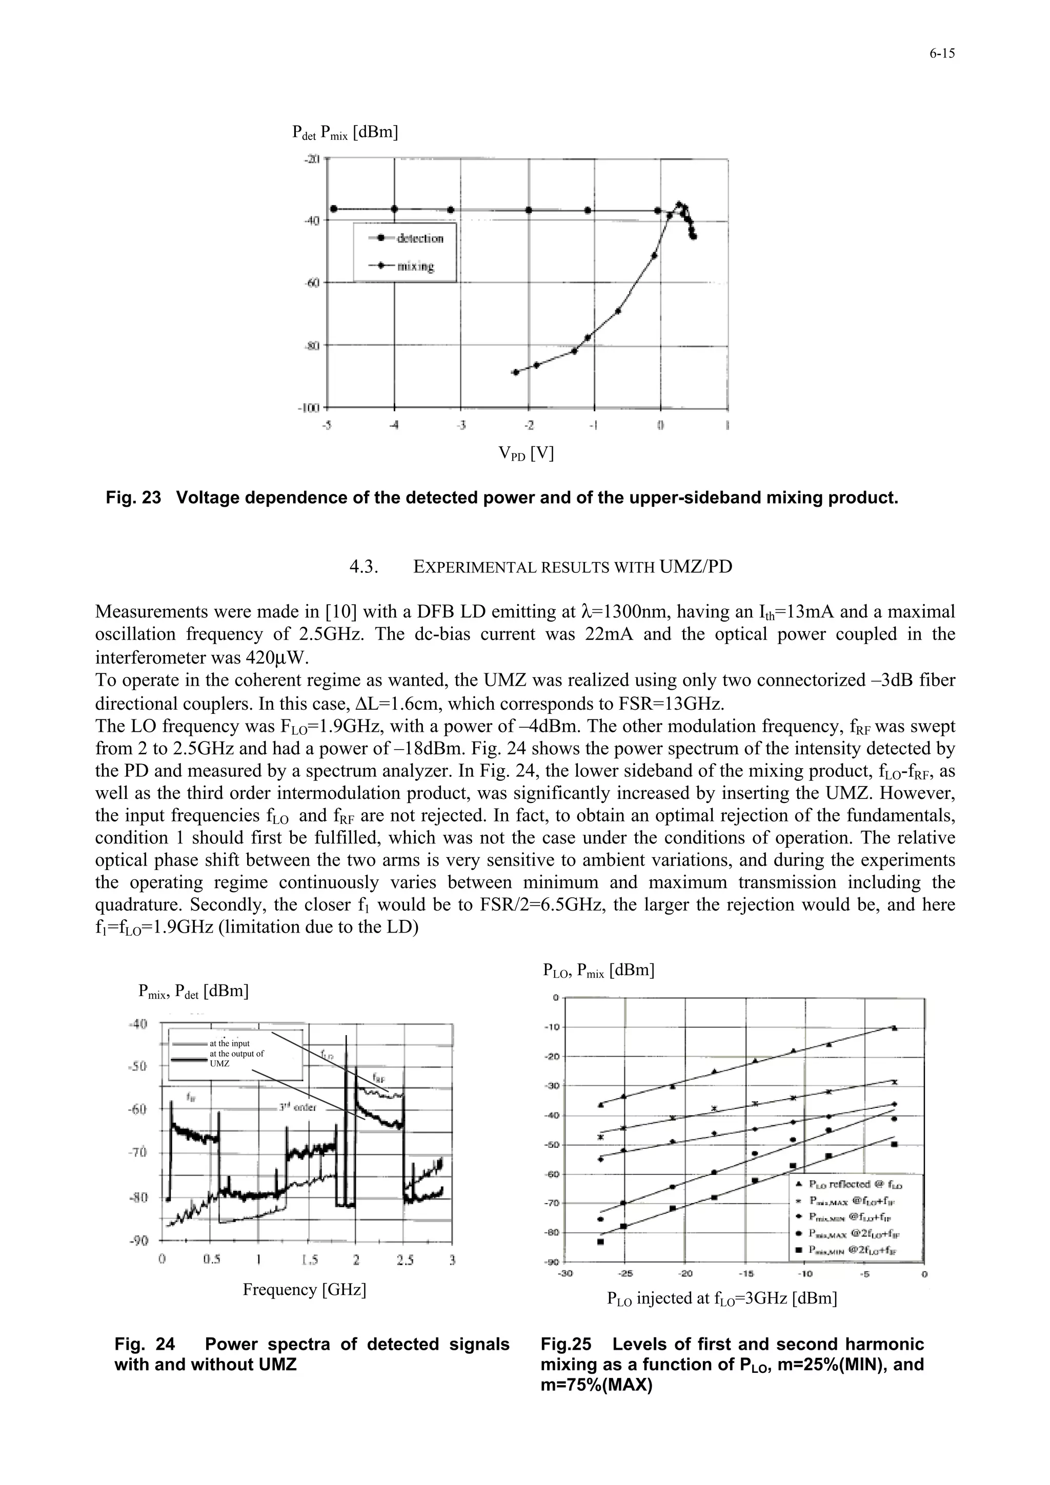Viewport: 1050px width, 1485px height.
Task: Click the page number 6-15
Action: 942,54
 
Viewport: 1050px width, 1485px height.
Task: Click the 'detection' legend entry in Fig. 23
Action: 420,239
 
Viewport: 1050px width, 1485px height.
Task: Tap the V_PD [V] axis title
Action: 526,453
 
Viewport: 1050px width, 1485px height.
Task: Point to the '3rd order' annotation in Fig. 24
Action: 297,1107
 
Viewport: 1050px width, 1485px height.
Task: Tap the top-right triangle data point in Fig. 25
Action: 894,1028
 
